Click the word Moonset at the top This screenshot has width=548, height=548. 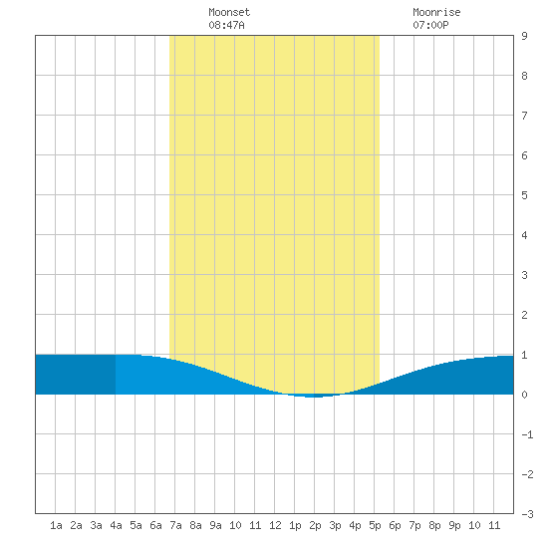click(229, 12)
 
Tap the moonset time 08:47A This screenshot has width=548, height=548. click(226, 25)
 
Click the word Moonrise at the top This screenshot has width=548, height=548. click(436, 12)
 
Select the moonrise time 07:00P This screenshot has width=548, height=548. click(430, 25)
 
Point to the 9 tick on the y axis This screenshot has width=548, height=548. click(524, 36)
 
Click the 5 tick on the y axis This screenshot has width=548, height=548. click(524, 195)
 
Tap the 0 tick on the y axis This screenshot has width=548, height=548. click(524, 395)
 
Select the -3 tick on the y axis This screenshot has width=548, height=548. click(527, 514)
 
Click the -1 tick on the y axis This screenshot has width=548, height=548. click(527, 434)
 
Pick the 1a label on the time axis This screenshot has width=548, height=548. click(56, 525)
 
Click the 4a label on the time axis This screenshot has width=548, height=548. click(116, 525)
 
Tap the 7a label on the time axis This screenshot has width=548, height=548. click(175, 525)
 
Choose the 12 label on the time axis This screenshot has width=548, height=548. click(275, 525)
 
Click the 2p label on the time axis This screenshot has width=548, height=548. click(315, 525)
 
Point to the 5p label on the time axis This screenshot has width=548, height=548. click(375, 525)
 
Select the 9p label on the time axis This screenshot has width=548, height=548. click(454, 525)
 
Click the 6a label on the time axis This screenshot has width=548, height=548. click(155, 525)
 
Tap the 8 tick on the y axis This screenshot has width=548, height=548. click(524, 76)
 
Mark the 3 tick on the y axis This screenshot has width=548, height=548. click(524, 275)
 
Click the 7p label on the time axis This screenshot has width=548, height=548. click(414, 525)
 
